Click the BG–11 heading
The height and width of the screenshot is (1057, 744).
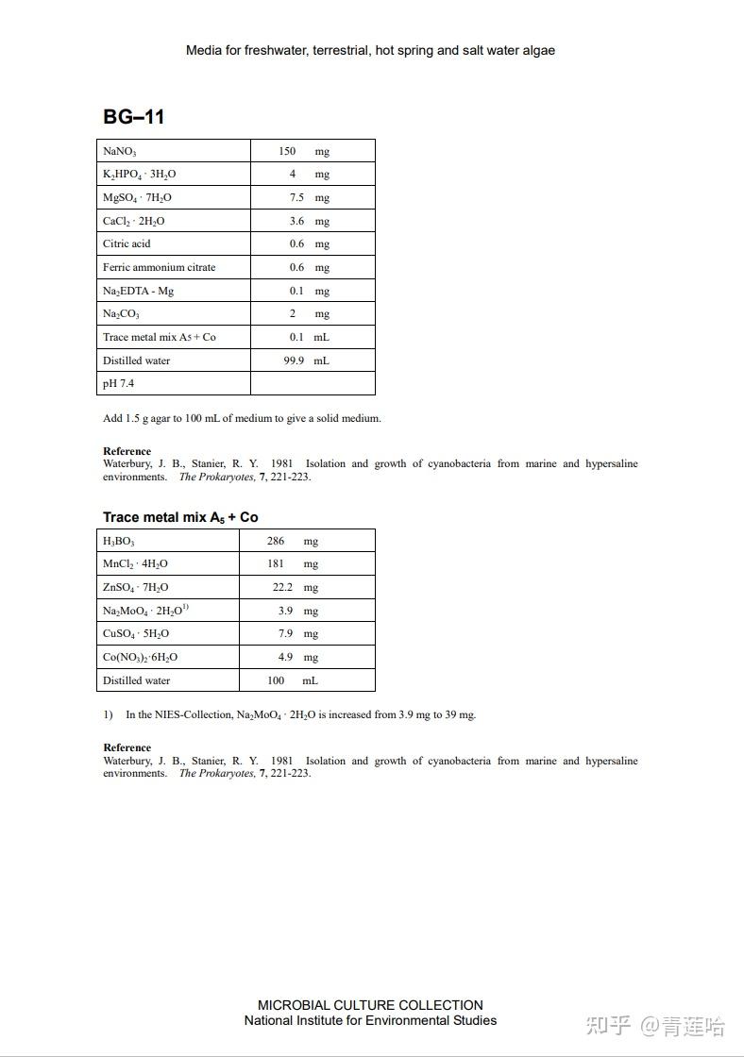pyautogui.click(x=133, y=117)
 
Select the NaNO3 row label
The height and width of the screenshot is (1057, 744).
pyautogui.click(x=120, y=151)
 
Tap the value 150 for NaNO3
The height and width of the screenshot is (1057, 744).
pyautogui.click(x=287, y=151)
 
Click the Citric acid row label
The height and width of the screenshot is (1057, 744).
pyautogui.click(x=127, y=243)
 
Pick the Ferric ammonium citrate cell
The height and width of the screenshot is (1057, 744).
pyautogui.click(x=159, y=267)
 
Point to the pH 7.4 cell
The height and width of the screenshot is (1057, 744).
pyautogui.click(x=118, y=384)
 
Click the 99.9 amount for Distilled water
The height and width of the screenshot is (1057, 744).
pyautogui.click(x=294, y=361)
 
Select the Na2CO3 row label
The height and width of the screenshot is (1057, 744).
pyautogui.click(x=121, y=314)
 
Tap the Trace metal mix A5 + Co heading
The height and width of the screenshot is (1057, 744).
pyautogui.click(x=180, y=517)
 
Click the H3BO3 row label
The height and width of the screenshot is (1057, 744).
pyautogui.click(x=119, y=542)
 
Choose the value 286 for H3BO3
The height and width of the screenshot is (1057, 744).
pyautogui.click(x=276, y=541)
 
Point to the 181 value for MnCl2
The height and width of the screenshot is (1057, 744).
pyautogui.click(x=276, y=564)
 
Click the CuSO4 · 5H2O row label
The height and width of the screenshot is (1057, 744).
pyautogui.click(x=136, y=634)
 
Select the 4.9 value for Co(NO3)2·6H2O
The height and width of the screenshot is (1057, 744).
pyautogui.click(x=285, y=657)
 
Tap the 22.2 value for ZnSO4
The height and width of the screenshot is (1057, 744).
pyautogui.click(x=282, y=587)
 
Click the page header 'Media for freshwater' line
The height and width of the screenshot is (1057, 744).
pyautogui.click(x=370, y=50)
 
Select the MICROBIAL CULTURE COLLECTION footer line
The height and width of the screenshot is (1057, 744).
pyautogui.click(x=370, y=1005)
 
